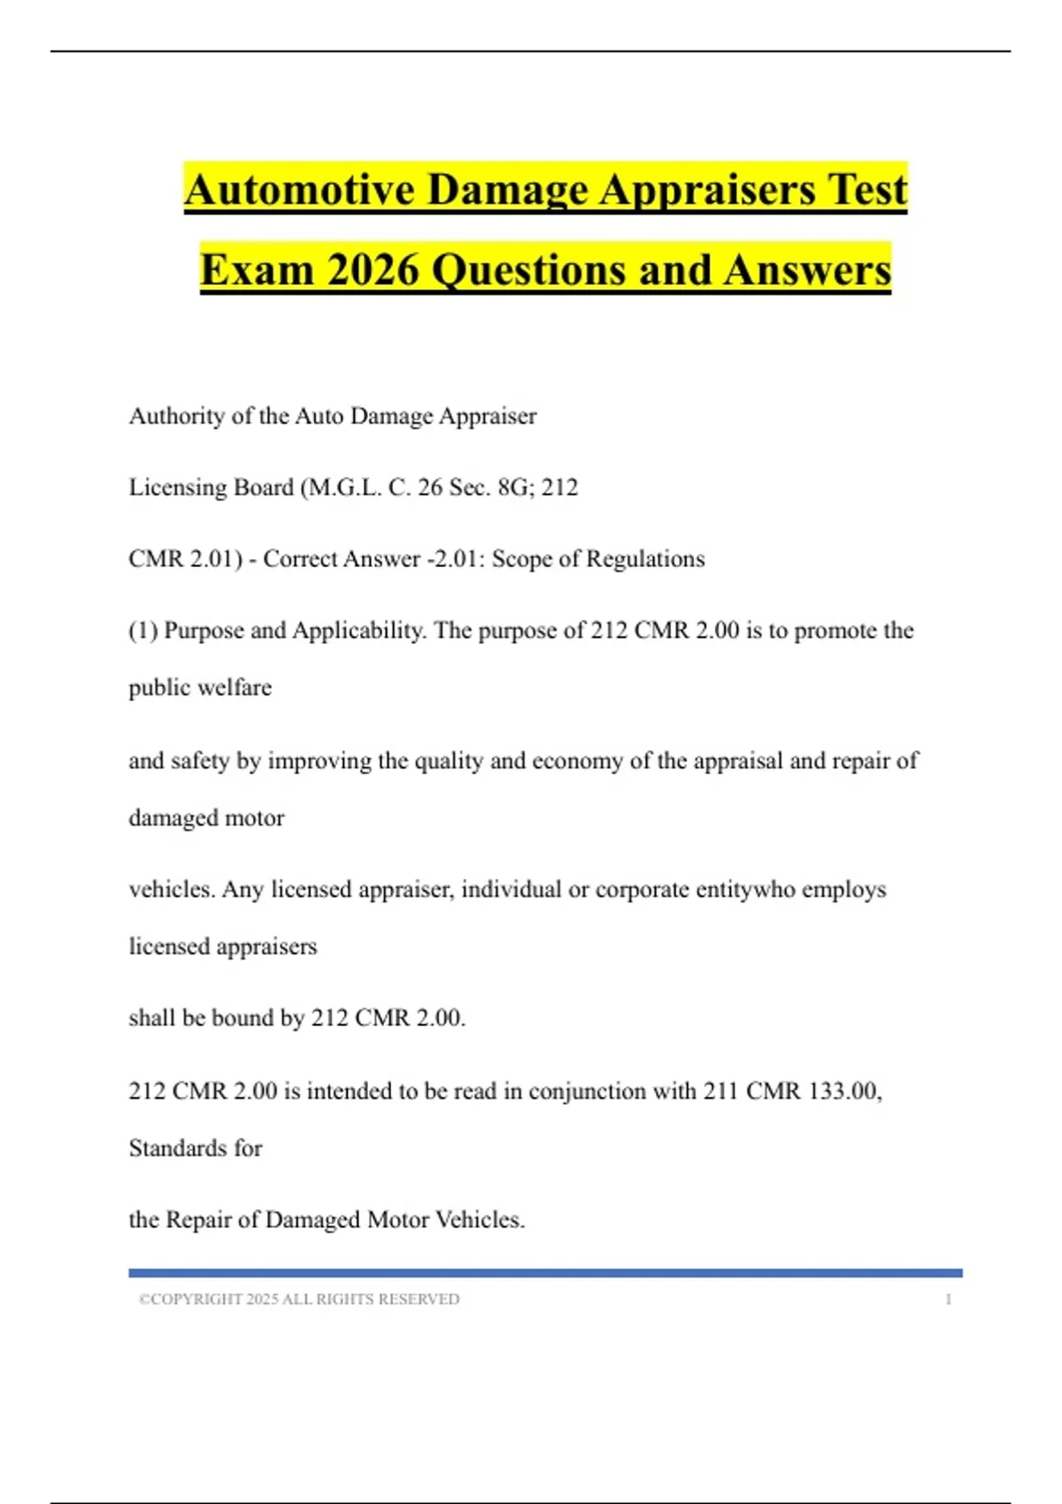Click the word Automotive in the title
pos(299,189)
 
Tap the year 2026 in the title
pos(373,270)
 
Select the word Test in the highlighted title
pos(867,189)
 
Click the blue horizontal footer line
pos(545,1273)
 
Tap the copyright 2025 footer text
pos(299,1299)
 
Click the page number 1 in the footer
pos(948,1299)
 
